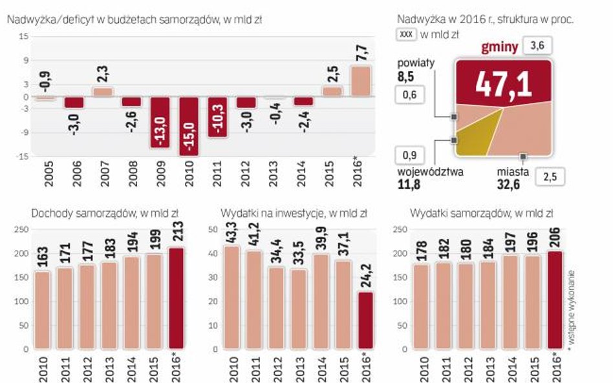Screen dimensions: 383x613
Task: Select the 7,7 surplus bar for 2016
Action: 361,81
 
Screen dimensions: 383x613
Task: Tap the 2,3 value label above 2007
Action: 102,74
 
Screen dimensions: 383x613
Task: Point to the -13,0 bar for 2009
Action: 160,123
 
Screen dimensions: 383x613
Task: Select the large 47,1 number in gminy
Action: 502,83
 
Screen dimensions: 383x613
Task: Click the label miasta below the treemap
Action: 513,172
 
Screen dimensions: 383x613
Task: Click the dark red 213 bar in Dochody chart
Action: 177,298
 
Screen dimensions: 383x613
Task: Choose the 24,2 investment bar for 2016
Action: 365,320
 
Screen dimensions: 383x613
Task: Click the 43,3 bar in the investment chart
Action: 231,297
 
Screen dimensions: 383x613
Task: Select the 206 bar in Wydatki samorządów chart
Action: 555,300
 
